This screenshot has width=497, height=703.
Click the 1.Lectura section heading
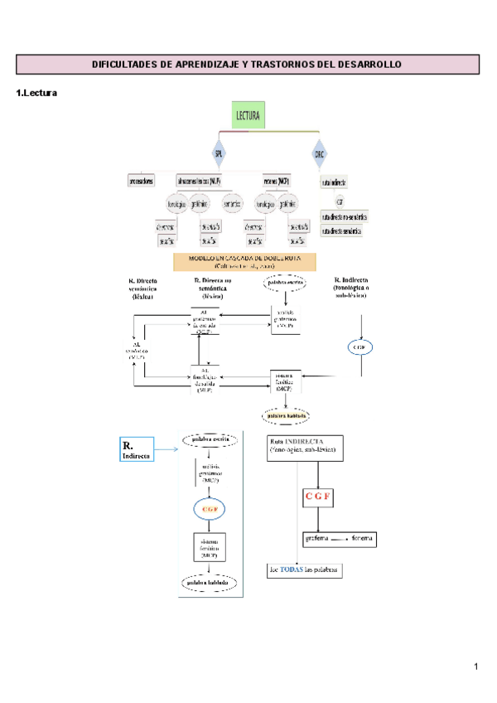pyautogui.click(x=36, y=94)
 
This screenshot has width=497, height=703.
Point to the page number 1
pyautogui.click(x=476, y=667)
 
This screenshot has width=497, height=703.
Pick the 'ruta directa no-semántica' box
pyautogui.click(x=344, y=216)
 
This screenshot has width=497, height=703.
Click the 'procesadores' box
pyautogui.click(x=141, y=181)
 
